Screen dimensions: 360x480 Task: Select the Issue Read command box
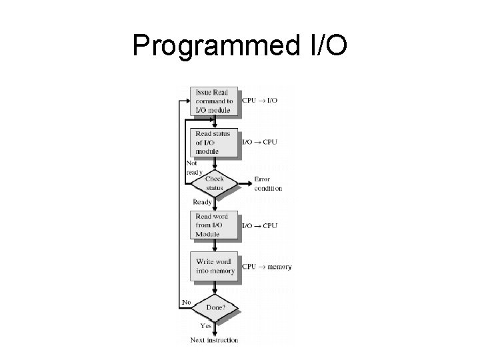coord(213,101)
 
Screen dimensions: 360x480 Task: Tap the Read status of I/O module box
coord(213,142)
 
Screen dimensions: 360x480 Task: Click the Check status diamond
coord(214,183)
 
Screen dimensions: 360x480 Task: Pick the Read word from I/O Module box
coord(213,225)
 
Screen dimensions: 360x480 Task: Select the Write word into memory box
coord(213,267)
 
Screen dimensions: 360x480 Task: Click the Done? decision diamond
coord(214,307)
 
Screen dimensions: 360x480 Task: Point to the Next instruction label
coord(214,340)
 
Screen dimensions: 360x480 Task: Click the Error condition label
coord(268,183)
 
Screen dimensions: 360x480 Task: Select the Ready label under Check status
coord(202,201)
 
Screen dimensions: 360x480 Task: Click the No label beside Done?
coord(186,303)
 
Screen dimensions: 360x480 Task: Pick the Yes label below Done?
coord(206,326)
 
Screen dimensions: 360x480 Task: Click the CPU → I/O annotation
coord(259,101)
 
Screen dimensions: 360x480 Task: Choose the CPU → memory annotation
coord(266,267)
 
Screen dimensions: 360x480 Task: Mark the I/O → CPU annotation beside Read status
coord(259,142)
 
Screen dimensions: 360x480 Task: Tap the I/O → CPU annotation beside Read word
coord(259,225)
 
